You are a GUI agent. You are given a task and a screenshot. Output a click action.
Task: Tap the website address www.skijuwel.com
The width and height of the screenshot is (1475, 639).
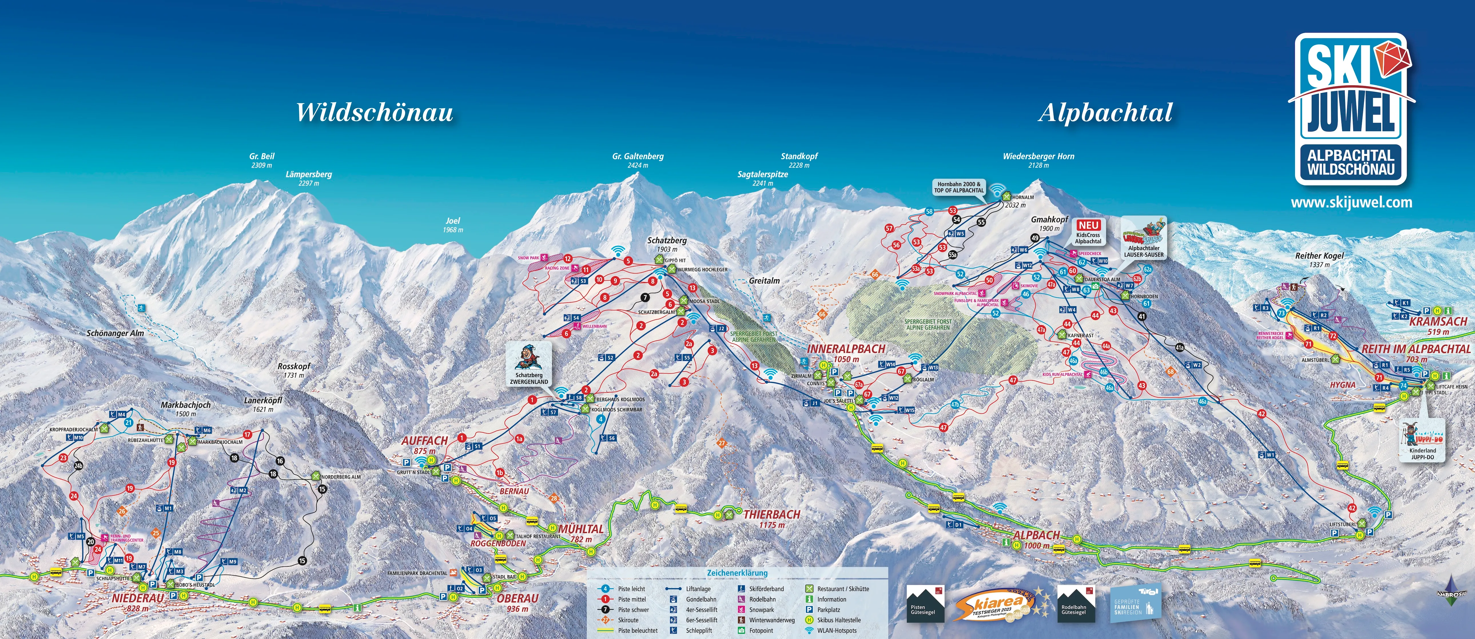point(1351,202)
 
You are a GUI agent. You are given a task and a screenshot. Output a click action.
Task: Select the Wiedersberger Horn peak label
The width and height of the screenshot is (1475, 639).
point(1038,156)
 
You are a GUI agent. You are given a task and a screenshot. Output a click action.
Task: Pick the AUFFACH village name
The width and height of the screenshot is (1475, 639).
point(424,440)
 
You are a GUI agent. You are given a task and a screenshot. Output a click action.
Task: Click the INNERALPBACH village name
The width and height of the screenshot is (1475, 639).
point(846,349)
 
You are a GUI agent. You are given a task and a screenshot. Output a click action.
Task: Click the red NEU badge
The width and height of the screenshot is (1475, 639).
point(1088,225)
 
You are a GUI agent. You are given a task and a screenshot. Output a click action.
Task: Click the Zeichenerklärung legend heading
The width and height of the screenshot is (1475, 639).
point(737,573)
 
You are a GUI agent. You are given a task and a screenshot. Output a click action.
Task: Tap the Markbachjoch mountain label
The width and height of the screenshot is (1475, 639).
point(186,405)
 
